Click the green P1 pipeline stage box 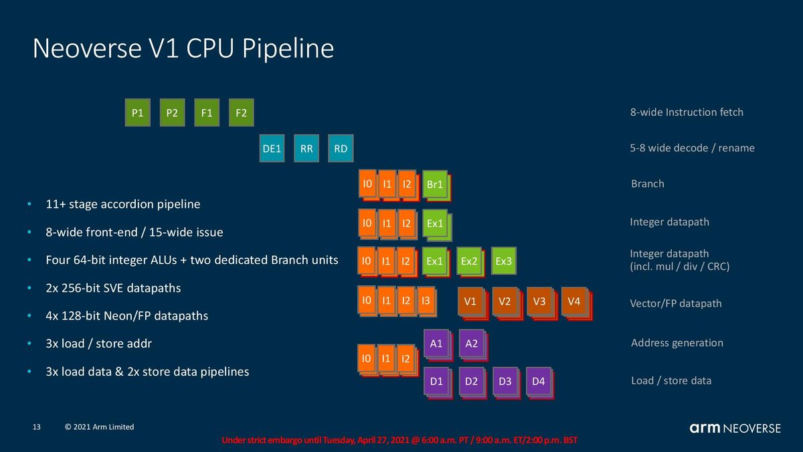138,113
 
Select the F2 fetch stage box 241,113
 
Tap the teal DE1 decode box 272,149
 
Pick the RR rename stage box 306,149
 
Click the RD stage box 341,149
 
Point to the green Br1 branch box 435,184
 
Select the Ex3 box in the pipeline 503,260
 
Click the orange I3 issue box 426,301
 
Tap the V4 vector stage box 573,301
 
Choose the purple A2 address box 471,343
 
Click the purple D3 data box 505,381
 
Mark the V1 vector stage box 470,301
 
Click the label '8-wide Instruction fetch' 687,112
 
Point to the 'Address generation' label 677,343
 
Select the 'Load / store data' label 671,380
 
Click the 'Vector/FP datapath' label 676,303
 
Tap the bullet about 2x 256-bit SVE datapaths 113,288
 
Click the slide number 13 37,427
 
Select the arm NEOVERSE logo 735,428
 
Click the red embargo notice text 399,441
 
